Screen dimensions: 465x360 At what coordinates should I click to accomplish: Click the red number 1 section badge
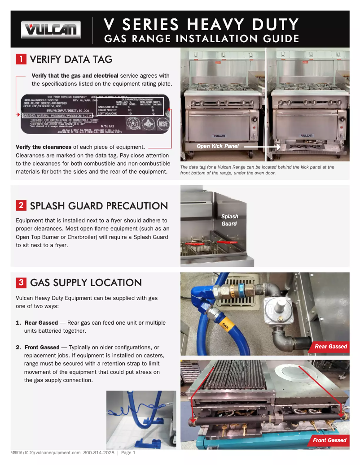click(x=21, y=59)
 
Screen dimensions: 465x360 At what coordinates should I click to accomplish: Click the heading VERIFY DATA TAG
click(x=71, y=59)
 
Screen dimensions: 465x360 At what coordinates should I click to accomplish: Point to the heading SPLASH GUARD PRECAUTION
click(x=99, y=206)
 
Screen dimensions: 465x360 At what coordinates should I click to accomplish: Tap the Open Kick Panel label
click(x=218, y=147)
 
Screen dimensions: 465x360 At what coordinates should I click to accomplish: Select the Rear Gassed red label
click(x=330, y=346)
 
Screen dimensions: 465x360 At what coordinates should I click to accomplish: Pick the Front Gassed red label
click(x=329, y=440)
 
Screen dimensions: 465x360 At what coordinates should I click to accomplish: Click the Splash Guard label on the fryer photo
click(x=229, y=220)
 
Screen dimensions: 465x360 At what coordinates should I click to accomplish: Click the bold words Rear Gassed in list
click(x=41, y=323)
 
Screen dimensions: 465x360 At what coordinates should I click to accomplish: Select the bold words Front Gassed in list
click(x=42, y=348)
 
